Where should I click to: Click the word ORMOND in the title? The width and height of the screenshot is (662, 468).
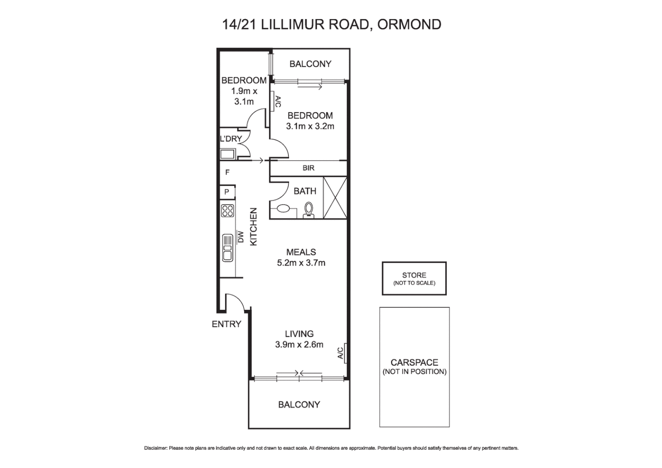(x=409, y=24)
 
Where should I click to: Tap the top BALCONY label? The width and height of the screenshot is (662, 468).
(x=310, y=64)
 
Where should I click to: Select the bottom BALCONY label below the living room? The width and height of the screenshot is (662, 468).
(x=299, y=405)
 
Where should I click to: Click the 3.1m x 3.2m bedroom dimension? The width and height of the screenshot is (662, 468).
(x=310, y=127)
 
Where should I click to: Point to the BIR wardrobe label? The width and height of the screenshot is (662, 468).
(x=308, y=168)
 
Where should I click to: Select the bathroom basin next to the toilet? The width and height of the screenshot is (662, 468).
(x=283, y=208)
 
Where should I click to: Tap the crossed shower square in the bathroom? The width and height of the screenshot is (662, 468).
(x=336, y=198)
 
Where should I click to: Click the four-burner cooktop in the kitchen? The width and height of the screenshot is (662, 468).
(x=228, y=211)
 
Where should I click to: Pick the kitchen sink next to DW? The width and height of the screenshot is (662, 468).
(x=228, y=247)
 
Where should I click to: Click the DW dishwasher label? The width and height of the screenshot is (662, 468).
(x=241, y=237)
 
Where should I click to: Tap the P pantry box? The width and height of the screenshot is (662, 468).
(x=226, y=192)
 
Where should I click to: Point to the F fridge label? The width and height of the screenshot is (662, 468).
(x=227, y=172)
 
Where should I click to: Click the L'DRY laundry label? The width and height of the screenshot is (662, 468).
(x=231, y=139)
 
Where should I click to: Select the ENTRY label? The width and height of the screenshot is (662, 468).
(x=226, y=324)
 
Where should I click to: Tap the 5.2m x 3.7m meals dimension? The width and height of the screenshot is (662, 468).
(x=301, y=263)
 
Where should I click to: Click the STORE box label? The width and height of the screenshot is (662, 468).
(x=414, y=276)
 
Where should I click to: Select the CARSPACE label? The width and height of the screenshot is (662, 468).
(x=414, y=363)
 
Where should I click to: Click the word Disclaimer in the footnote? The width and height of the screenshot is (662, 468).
(x=155, y=448)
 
